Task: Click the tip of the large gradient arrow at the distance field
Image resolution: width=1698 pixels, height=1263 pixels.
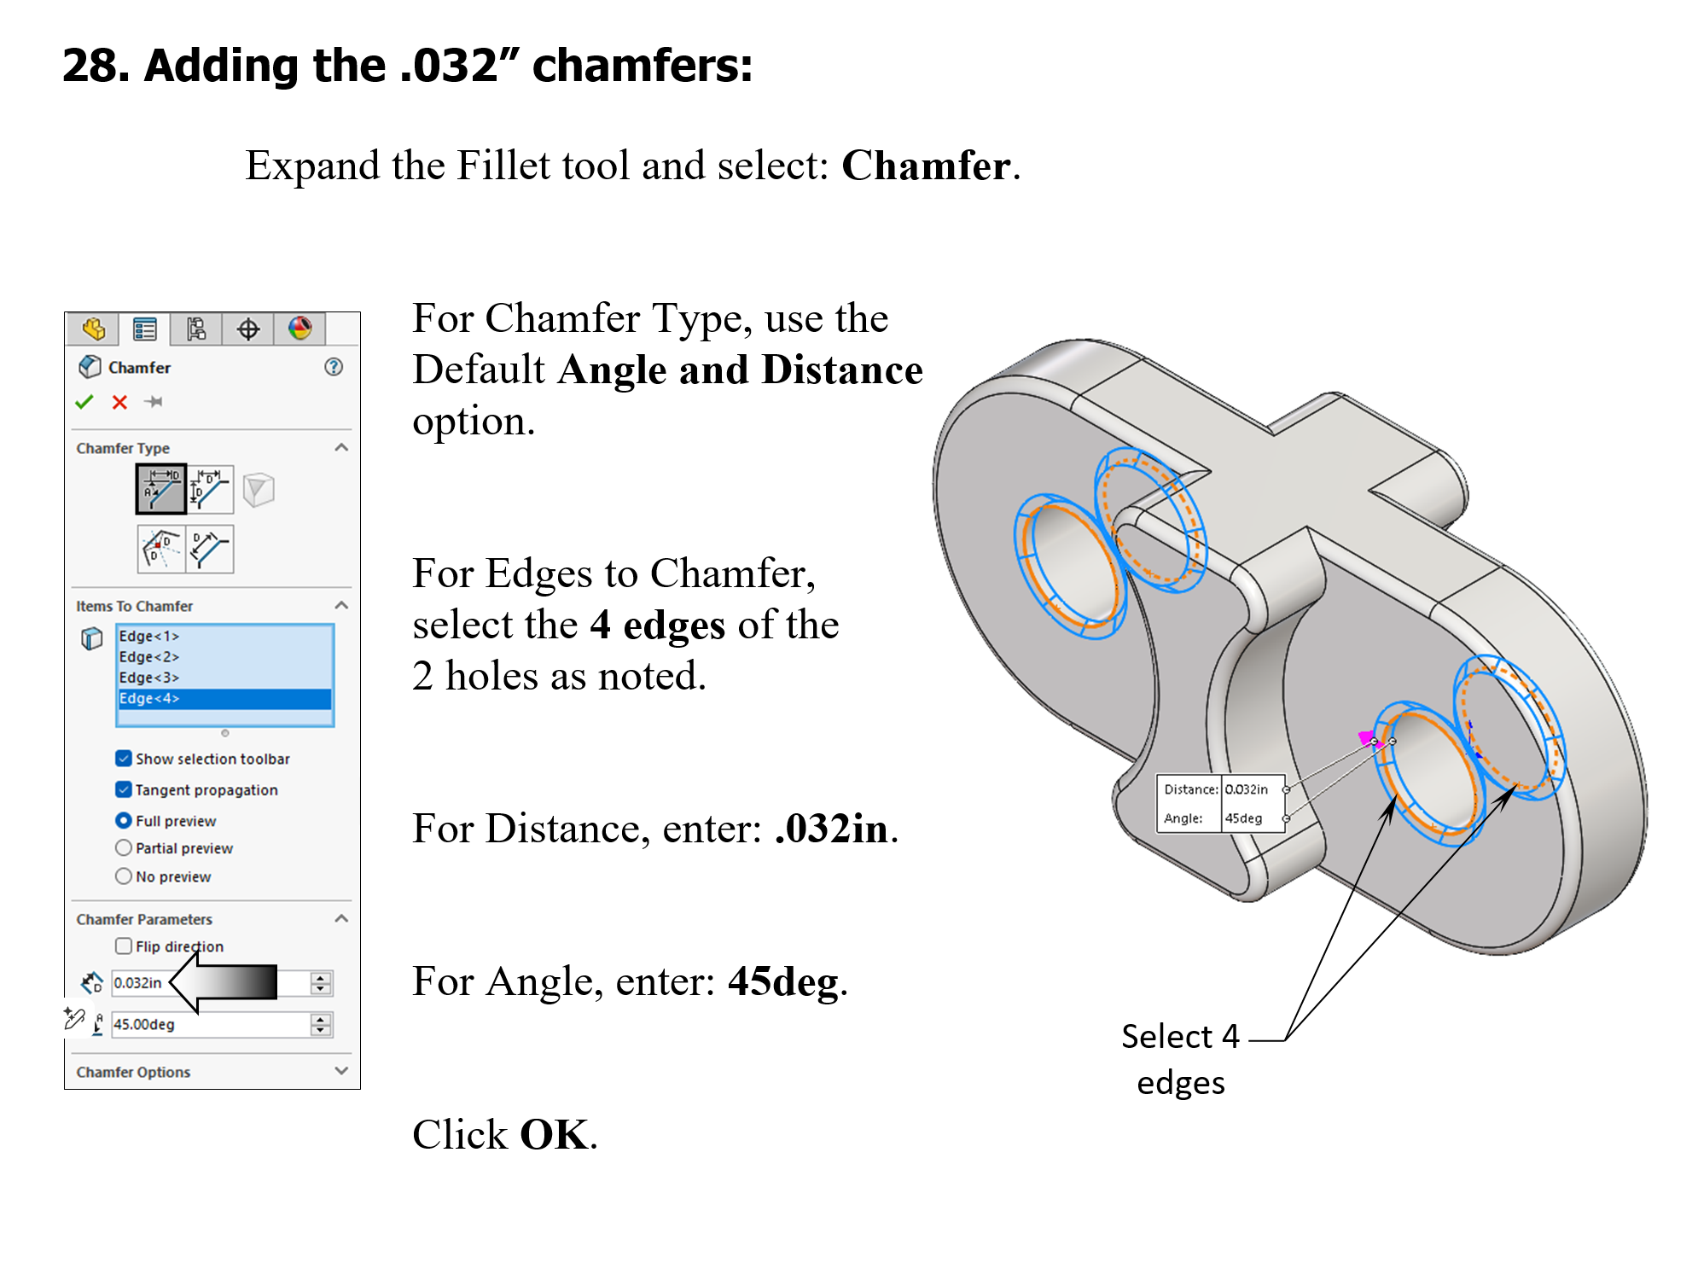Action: [171, 982]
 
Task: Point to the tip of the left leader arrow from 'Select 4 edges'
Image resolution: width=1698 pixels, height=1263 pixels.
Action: [1396, 795]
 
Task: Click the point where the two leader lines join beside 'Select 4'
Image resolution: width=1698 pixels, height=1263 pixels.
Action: [1286, 1040]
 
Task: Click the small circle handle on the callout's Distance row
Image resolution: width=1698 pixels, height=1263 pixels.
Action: [1286, 789]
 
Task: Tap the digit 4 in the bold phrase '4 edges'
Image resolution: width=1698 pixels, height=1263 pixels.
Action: [600, 625]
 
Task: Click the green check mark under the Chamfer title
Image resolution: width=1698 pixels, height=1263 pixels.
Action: [84, 402]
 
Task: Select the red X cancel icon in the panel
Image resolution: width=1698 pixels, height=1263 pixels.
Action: [119, 402]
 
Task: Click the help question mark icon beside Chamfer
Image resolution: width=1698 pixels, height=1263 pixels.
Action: [334, 367]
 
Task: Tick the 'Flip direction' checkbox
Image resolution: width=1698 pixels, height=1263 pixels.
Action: [124, 946]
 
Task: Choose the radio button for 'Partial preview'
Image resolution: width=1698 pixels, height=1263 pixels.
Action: [124, 847]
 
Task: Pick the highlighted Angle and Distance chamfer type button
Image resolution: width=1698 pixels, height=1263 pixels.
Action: [161, 489]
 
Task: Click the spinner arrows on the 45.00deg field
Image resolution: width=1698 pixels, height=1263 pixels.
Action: [321, 1024]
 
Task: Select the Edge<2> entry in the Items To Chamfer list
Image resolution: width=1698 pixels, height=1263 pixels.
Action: [148, 656]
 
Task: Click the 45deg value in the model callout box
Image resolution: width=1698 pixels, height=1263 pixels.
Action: [1243, 818]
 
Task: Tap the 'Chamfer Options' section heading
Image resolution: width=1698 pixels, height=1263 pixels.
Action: [133, 1072]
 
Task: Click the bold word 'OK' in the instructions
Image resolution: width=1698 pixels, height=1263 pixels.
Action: [554, 1134]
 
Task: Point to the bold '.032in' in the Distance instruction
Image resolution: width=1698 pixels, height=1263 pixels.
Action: [831, 829]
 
